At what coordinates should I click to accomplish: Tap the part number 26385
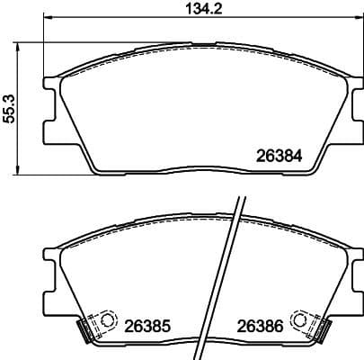tap(146, 325)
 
